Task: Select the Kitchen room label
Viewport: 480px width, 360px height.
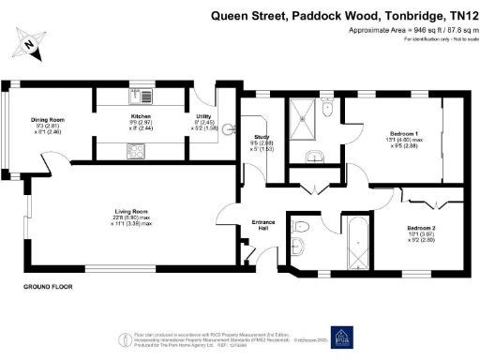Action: (139, 118)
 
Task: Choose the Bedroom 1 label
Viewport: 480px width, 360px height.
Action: (404, 135)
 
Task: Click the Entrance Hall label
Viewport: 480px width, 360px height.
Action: (264, 225)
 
